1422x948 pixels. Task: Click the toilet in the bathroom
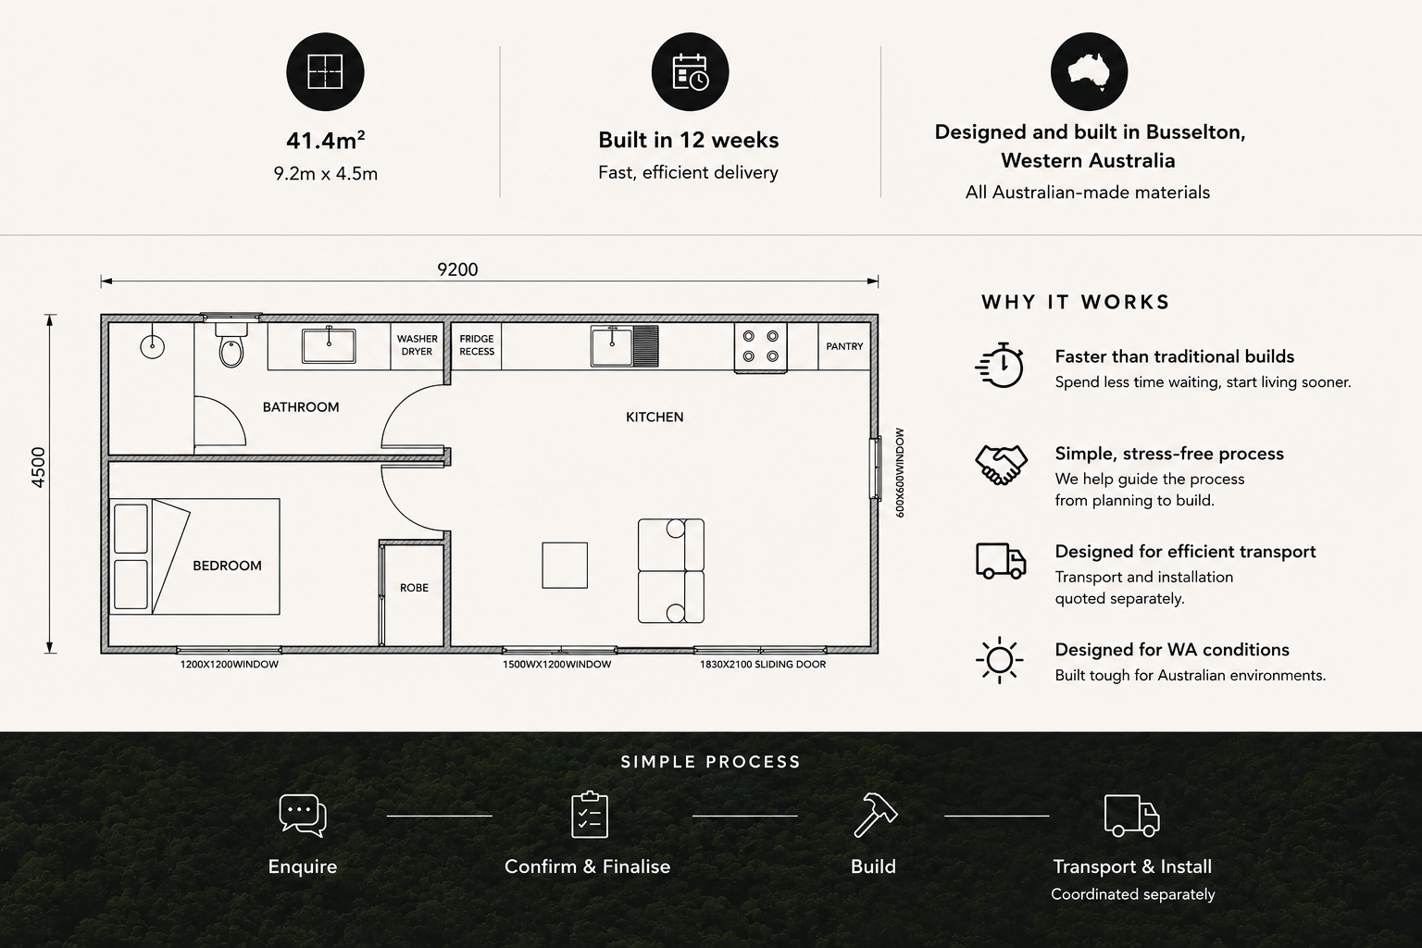point(231,345)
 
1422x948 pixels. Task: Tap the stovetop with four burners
point(760,346)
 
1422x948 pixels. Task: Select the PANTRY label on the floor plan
point(844,346)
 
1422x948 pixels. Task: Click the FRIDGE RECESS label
point(477,344)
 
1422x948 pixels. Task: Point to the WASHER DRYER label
point(418,344)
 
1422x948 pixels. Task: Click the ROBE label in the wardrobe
point(414,588)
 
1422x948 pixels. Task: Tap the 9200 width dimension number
point(457,269)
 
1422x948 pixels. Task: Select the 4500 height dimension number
point(39,468)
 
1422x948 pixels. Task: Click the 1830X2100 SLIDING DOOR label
point(763,664)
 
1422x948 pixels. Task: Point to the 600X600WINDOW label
point(900,473)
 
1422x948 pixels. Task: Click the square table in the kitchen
point(565,565)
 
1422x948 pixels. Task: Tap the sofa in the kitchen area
point(671,571)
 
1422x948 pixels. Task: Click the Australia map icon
point(1089,72)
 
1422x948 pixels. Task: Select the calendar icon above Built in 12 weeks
point(690,72)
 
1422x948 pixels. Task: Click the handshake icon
point(1001,466)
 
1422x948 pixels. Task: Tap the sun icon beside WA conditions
point(1000,660)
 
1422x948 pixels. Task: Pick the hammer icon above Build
point(875,816)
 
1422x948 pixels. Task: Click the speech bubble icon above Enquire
point(303,816)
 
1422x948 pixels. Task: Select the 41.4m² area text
point(326,141)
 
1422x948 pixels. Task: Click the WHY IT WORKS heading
point(1076,302)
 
